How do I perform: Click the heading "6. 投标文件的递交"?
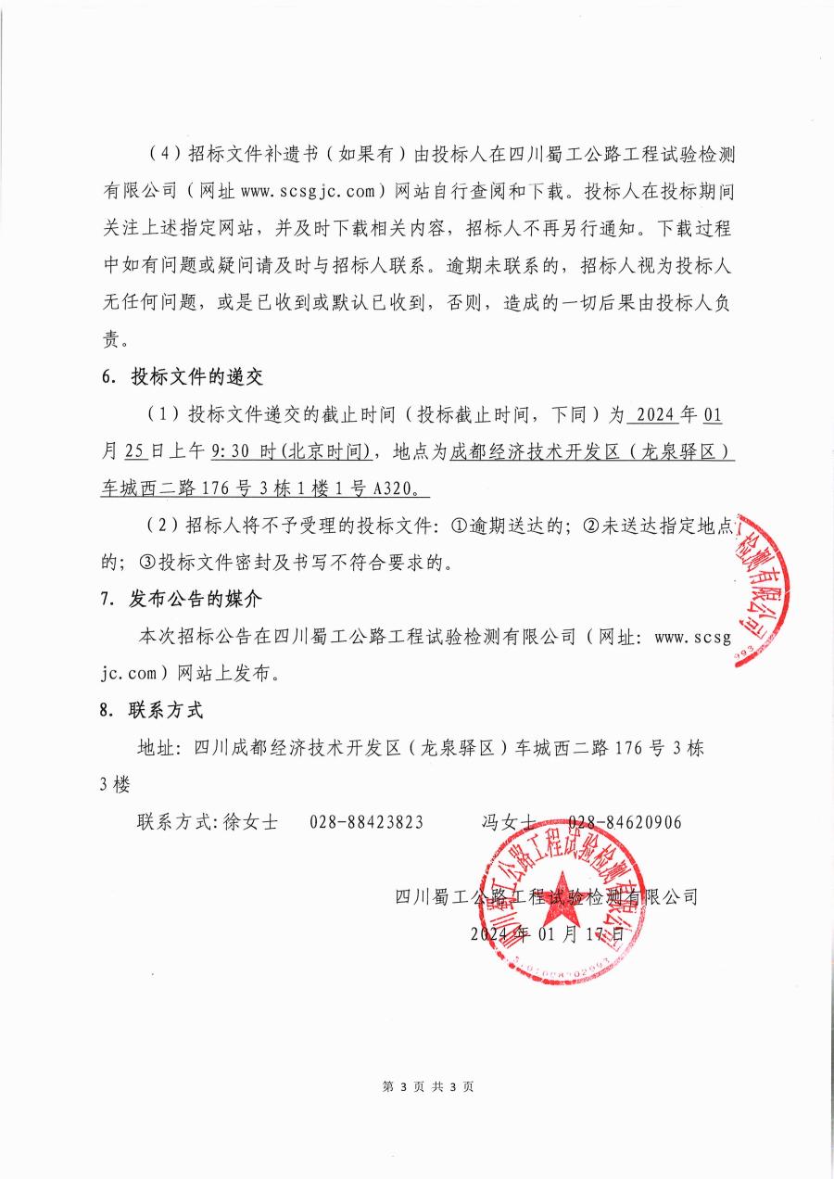tap(182, 376)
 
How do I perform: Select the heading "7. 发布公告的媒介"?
tap(182, 599)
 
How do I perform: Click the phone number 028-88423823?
tap(367, 822)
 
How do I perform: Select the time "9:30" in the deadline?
tap(230, 451)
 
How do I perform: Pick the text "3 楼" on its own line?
tap(115, 785)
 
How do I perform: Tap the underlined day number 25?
tap(134, 451)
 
